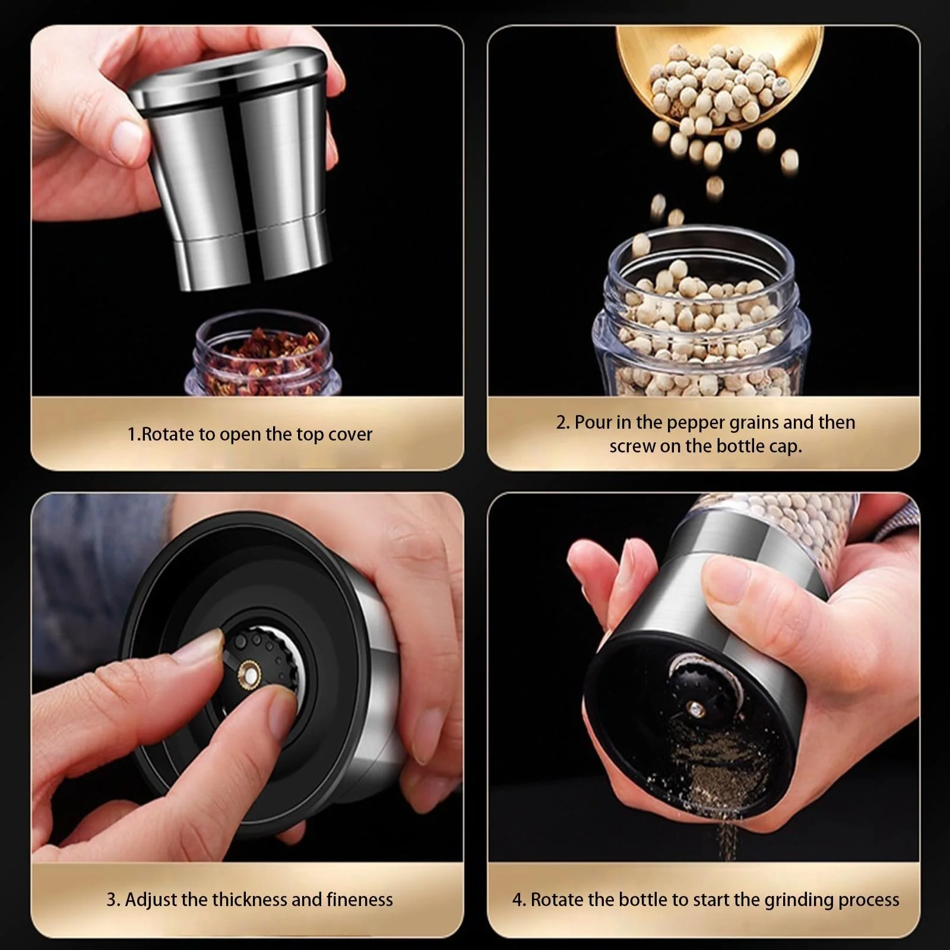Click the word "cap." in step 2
tap(785, 446)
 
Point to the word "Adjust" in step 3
tap(151, 900)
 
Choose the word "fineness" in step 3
tap(359, 900)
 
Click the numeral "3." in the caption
tap(113, 900)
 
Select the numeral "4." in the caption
tap(520, 900)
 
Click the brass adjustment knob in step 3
tap(249, 676)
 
